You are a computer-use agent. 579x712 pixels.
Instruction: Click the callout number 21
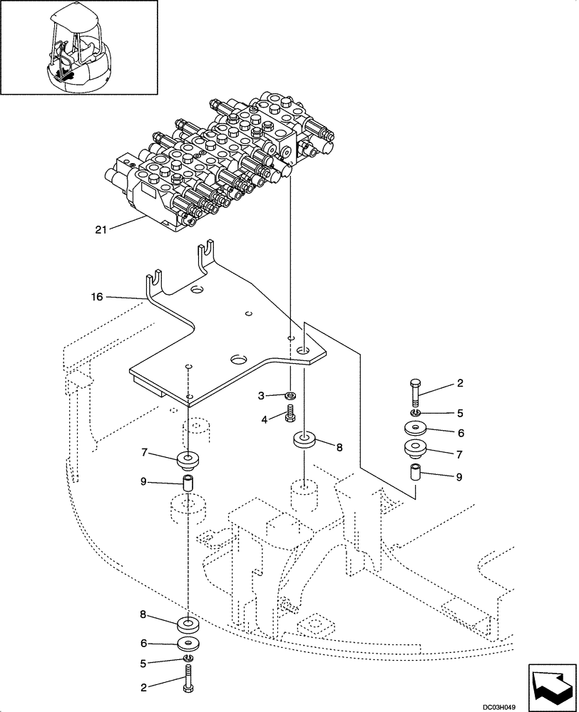(x=101, y=229)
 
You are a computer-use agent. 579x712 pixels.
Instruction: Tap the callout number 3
(x=261, y=394)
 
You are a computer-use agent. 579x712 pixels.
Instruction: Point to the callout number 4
(x=265, y=420)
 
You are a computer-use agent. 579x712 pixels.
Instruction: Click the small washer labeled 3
(x=290, y=395)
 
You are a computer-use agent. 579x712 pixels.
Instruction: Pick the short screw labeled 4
(x=290, y=414)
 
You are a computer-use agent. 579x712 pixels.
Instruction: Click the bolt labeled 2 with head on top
(x=416, y=392)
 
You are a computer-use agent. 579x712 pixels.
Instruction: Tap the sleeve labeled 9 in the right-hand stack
(x=416, y=473)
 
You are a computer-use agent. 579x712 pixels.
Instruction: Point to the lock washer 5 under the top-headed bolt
(x=416, y=412)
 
